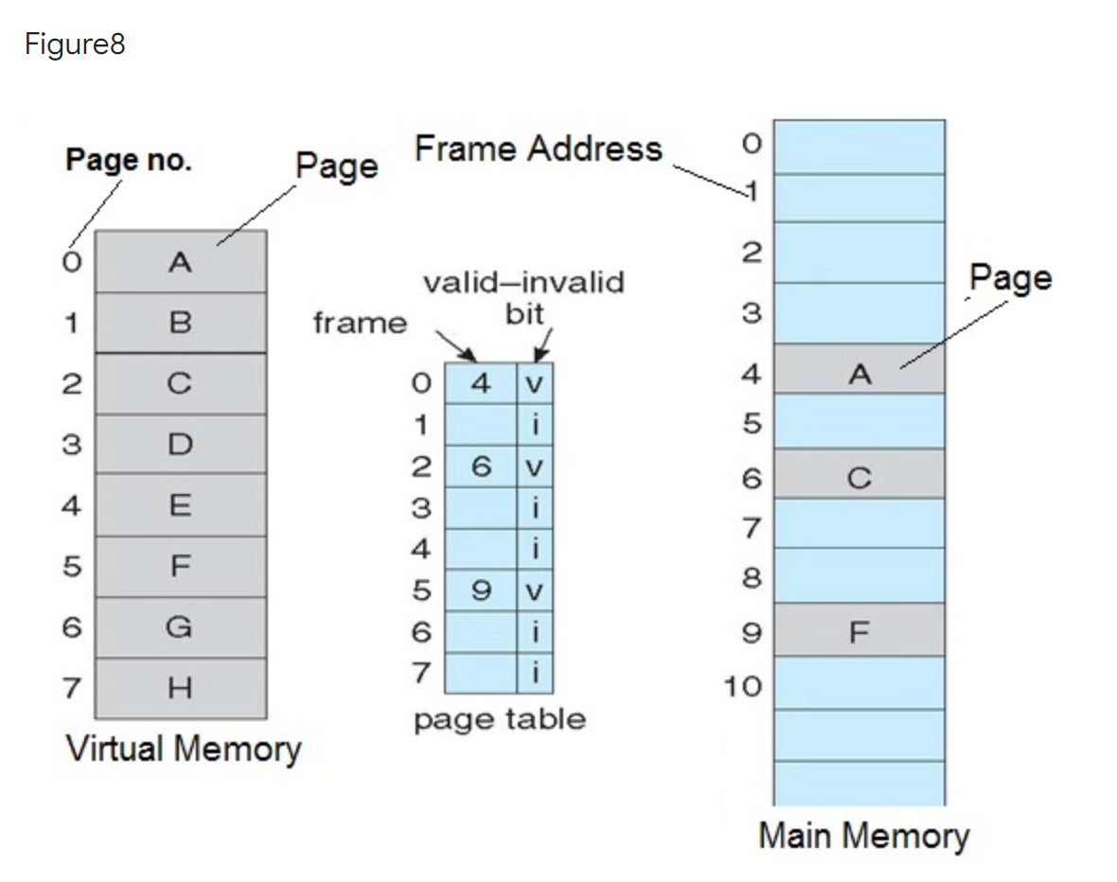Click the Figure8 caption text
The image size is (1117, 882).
pos(75,44)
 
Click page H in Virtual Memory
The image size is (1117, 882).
pos(180,686)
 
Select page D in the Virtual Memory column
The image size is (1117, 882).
pos(180,443)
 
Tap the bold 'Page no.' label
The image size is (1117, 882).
pos(128,161)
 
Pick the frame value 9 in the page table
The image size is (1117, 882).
pos(481,591)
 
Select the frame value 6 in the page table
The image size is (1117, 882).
pos(481,467)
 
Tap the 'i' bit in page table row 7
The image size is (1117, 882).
pos(536,673)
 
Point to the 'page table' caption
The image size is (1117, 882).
pos(499,719)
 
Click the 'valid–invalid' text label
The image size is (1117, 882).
pos(523,282)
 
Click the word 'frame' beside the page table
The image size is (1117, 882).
pos(360,324)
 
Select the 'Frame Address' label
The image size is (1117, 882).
pos(538,149)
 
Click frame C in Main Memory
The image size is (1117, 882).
pos(859,478)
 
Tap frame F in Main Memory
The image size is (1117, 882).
pos(859,631)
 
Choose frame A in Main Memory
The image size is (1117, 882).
pos(859,375)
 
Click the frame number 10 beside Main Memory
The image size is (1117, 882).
pos(743,685)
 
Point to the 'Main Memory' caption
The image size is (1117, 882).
pos(863,836)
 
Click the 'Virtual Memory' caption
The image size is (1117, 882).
pos(183,749)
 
